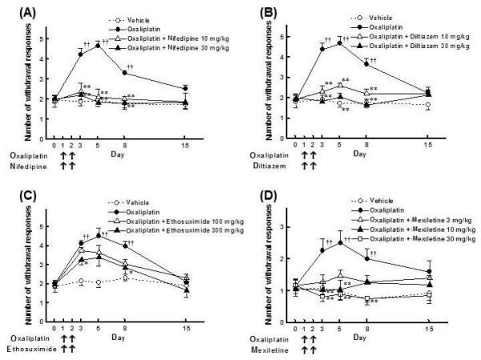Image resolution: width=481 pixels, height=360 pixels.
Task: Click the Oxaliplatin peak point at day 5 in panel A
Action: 98,46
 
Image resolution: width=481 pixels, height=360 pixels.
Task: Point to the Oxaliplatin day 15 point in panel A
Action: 186,88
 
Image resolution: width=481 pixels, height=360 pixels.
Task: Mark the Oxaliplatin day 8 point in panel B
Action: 366,63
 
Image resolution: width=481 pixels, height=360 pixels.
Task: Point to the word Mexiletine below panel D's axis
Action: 271,350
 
